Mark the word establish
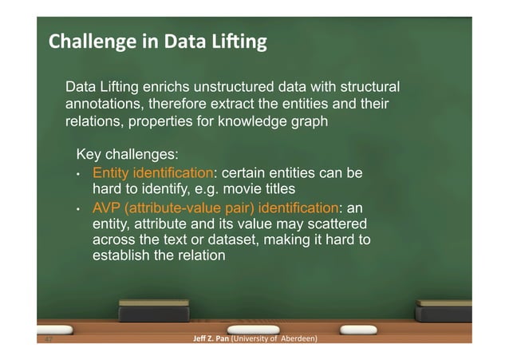[x=121, y=257]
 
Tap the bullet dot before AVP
[x=78, y=208]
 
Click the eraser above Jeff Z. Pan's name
[x=154, y=311]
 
